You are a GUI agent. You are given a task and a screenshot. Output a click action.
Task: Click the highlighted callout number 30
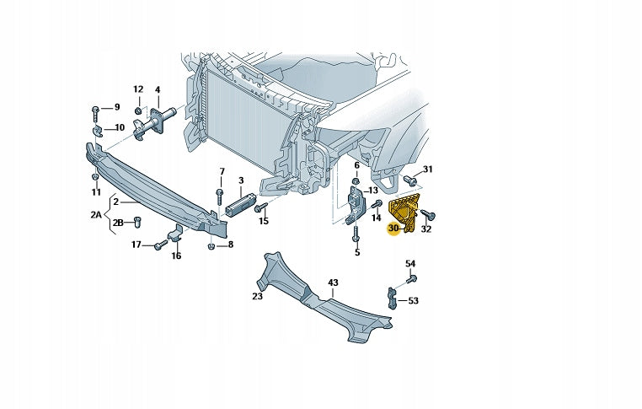pyautogui.click(x=393, y=228)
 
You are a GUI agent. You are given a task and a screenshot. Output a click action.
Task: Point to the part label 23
pyautogui.click(x=258, y=296)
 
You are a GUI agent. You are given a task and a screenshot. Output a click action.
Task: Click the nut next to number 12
pyautogui.click(x=138, y=110)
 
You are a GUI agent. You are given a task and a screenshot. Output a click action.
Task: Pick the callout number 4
pyautogui.click(x=158, y=89)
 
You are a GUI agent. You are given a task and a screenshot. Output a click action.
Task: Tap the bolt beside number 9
pyautogui.click(x=96, y=109)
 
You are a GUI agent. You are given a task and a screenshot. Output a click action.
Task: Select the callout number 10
pyautogui.click(x=119, y=127)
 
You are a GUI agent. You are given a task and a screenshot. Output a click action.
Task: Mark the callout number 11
pyautogui.click(x=95, y=192)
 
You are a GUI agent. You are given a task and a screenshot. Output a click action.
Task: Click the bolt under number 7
pyautogui.click(x=220, y=195)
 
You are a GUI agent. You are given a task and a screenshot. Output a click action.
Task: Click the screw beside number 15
pyautogui.click(x=261, y=207)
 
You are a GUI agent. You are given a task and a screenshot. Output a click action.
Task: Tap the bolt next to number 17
pyautogui.click(x=160, y=245)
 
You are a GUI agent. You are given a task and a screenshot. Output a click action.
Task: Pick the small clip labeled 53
pyautogui.click(x=393, y=297)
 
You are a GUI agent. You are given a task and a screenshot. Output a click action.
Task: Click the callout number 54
pyautogui.click(x=410, y=263)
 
